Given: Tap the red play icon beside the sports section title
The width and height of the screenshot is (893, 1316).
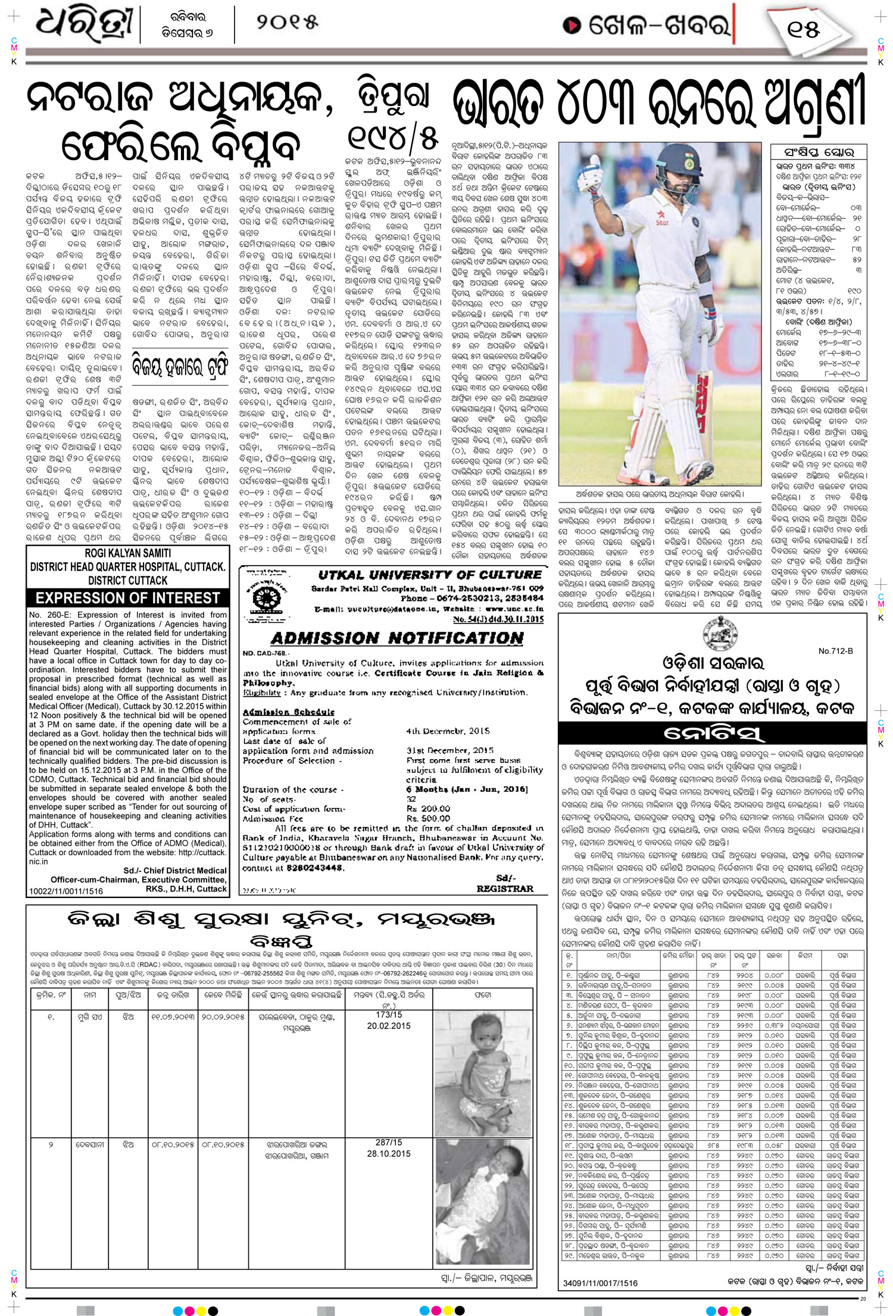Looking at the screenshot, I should tap(572, 26).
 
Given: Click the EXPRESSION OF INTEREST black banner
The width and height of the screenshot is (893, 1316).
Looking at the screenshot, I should tap(127, 598).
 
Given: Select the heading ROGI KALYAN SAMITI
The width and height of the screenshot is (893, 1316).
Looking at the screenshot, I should tap(127, 553).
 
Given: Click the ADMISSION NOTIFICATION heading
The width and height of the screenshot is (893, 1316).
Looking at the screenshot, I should tap(397, 638).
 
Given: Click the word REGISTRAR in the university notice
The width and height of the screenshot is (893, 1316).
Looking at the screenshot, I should tap(505, 888).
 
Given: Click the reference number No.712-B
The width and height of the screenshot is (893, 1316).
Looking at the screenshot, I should tap(835, 651).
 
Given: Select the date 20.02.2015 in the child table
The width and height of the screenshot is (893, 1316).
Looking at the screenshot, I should tap(389, 1026).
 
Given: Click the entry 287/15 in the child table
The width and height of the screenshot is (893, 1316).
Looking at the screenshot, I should tap(389, 1143).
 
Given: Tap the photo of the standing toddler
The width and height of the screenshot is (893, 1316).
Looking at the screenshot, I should tap(483, 1074).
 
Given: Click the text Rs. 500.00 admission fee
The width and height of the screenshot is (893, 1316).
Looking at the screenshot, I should tap(428, 818).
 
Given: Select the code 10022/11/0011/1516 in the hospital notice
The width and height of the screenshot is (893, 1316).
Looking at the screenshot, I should tap(65, 891).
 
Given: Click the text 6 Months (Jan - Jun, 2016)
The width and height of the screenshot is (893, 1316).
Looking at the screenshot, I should tap(467, 789).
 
